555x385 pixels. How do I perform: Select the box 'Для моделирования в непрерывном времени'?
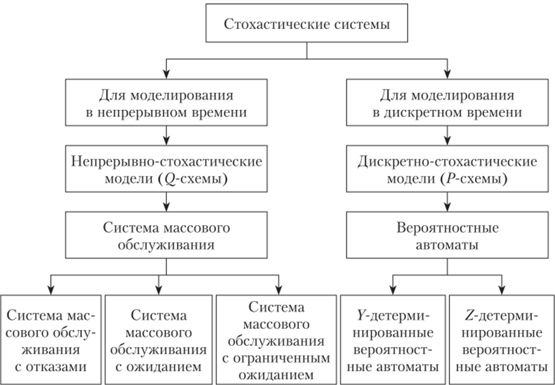pos(165,104)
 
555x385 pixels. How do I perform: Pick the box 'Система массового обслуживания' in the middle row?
pos(165,236)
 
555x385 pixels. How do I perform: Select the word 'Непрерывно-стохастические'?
pos(165,162)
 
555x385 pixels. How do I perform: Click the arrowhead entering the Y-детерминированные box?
pos(392,290)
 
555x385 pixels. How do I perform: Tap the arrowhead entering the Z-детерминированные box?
pos(502,290)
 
